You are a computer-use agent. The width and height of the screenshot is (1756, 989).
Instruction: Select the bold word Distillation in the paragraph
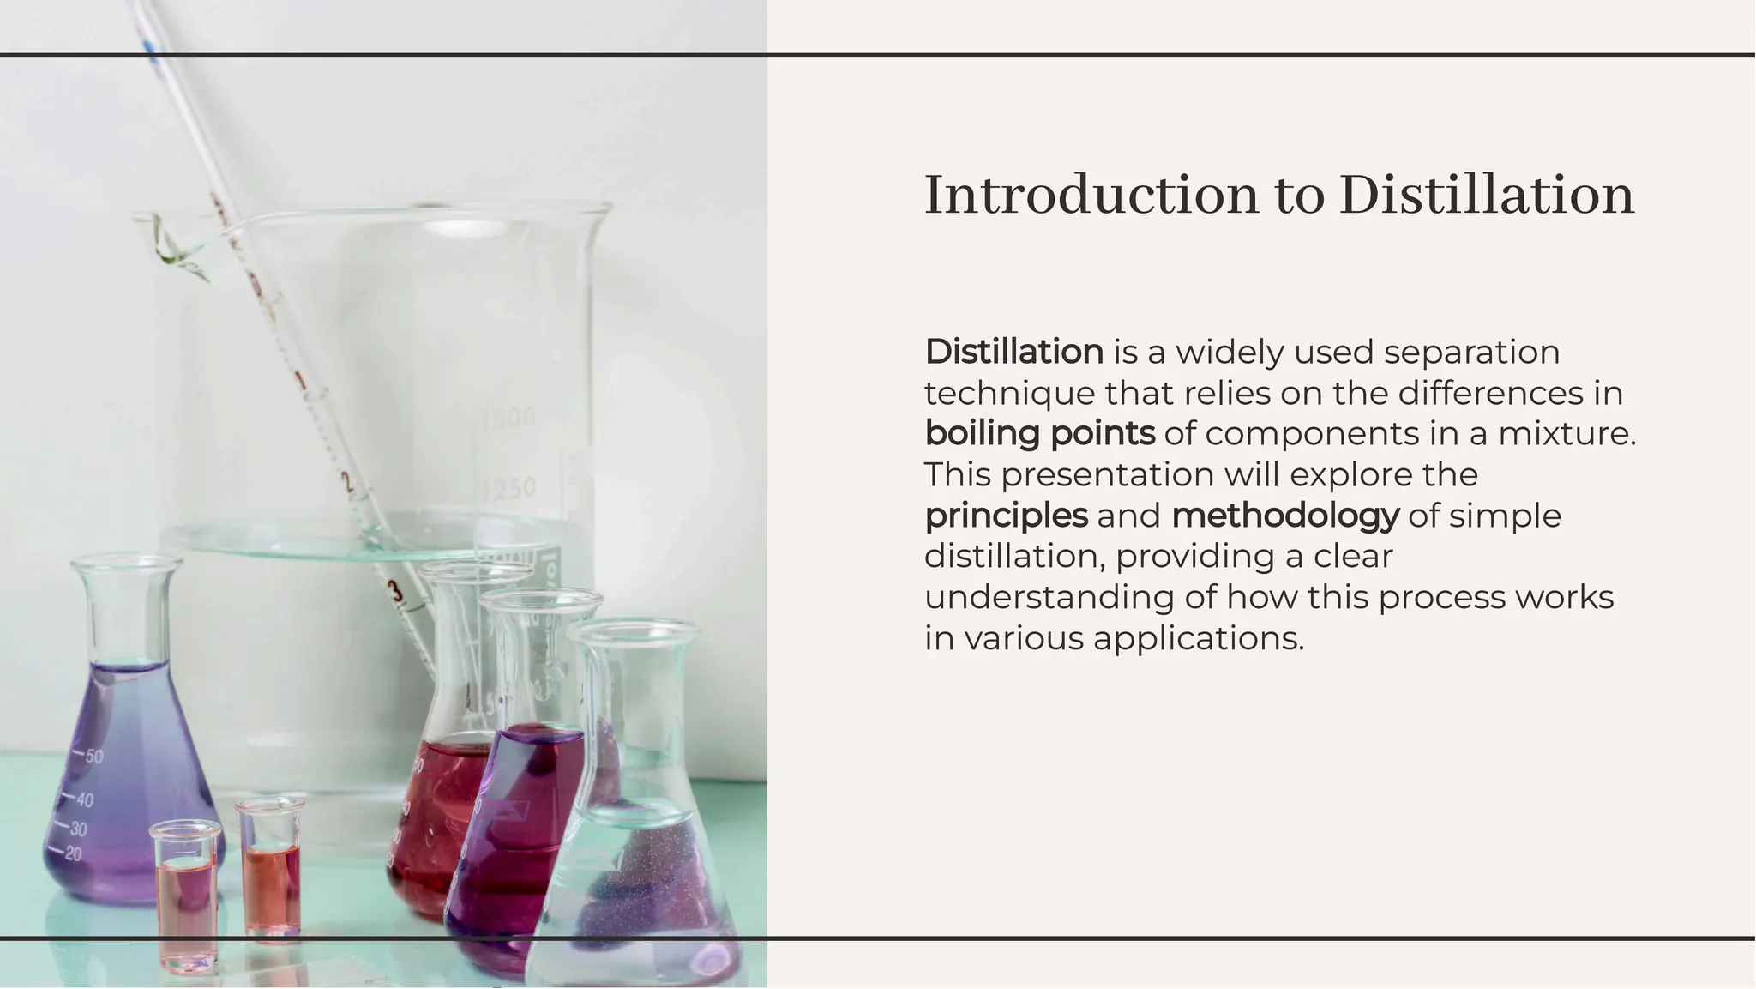coord(1013,352)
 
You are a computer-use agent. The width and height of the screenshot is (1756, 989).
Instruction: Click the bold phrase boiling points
coord(1039,433)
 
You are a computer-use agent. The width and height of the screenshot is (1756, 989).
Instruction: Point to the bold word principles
coord(1006,516)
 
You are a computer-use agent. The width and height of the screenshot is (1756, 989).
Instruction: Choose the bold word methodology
coord(1284,516)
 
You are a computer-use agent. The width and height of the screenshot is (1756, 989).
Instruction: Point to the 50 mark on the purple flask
coord(93,757)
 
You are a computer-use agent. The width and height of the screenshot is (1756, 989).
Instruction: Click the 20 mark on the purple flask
coord(73,854)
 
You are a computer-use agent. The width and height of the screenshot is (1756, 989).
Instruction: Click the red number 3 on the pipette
coord(394,590)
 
